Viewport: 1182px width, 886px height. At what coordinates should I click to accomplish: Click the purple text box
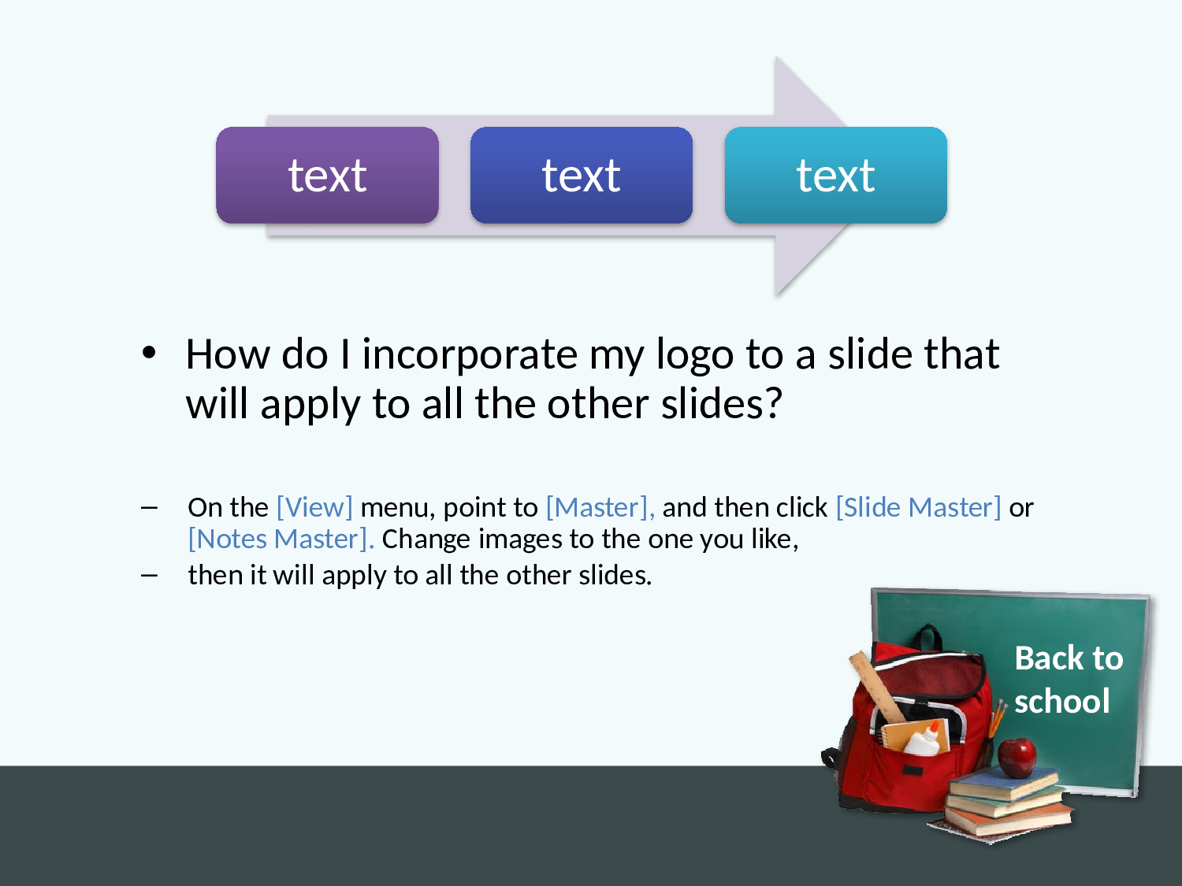tap(327, 175)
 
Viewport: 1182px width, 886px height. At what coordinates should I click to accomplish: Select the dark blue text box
tap(582, 175)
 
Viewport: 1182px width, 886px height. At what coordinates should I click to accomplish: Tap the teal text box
tap(836, 175)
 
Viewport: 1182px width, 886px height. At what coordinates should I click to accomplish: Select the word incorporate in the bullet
tap(470, 354)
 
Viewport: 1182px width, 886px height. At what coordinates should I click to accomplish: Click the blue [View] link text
tap(314, 507)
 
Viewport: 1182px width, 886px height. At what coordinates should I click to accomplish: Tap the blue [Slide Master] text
tap(918, 507)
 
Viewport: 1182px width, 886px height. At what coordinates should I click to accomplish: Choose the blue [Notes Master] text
tap(281, 539)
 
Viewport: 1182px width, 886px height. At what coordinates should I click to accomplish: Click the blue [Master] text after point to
tap(600, 507)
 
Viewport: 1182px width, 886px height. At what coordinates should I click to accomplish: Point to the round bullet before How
tap(149, 354)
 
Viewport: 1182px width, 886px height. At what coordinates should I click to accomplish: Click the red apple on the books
tap(1017, 757)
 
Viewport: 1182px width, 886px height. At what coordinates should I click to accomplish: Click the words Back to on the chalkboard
tap(1069, 658)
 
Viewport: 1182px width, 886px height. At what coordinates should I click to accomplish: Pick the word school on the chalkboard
tap(1062, 701)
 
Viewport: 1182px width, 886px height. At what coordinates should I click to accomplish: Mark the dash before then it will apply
tap(149, 575)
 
